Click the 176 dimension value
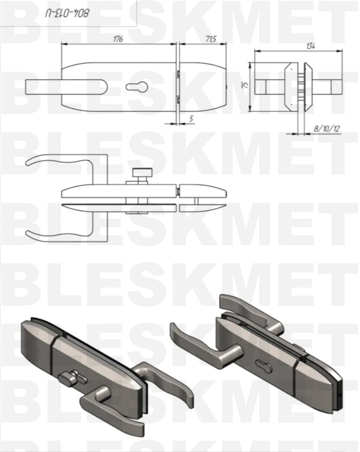[x=117, y=38]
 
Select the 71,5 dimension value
[x=211, y=38]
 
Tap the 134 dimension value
[x=311, y=46]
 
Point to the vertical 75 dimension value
[x=245, y=85]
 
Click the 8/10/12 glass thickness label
[x=327, y=129]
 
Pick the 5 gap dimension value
[x=191, y=118]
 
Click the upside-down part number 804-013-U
[x=67, y=13]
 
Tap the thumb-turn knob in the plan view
[x=142, y=173]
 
